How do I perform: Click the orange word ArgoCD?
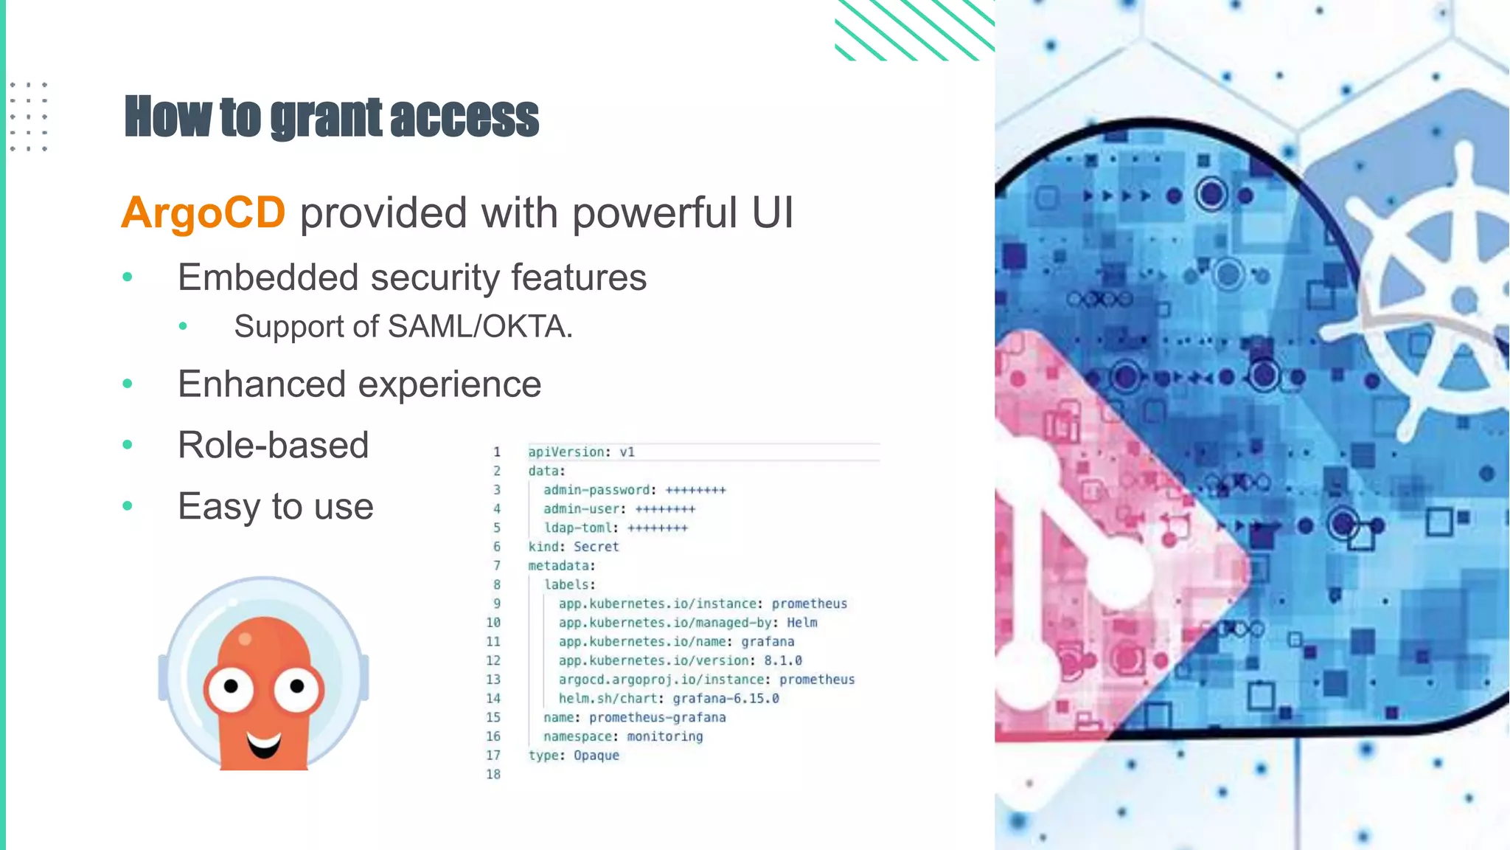tap(203, 213)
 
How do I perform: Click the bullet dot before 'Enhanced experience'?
tap(128, 384)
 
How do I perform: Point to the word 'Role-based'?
tap(273, 446)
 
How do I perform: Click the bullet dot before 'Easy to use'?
tap(128, 506)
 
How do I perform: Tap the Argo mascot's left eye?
tap(231, 688)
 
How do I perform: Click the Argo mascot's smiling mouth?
tap(263, 744)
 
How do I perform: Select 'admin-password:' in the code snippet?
tap(599, 490)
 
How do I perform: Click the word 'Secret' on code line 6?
tap(596, 547)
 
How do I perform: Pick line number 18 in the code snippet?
tap(493, 774)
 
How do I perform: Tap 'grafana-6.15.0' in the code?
tap(726, 698)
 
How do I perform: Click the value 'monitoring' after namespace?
tap(664, 736)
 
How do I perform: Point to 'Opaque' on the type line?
tap(596, 755)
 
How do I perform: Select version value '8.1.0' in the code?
tap(782, 660)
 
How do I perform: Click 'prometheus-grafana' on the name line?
tap(657, 717)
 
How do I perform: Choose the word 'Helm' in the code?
tap(801, 623)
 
